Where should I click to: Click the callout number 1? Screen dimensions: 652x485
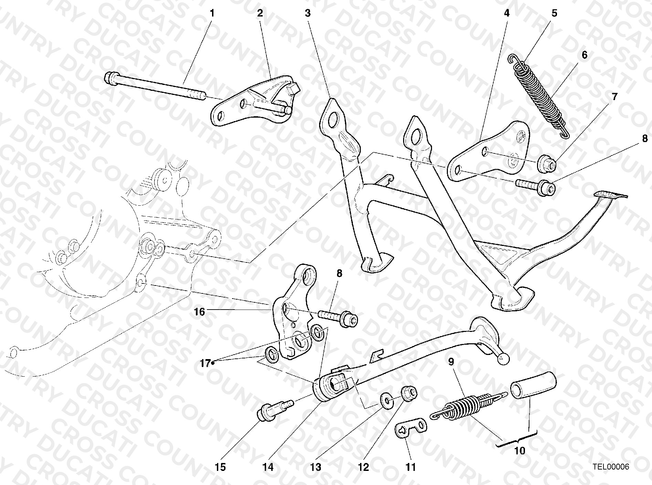coord(212,13)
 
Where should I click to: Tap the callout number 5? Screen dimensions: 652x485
coord(554,13)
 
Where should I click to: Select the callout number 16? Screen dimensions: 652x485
coord(199,312)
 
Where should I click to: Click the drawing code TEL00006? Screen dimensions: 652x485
coord(611,467)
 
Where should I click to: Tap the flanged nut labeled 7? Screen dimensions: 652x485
coord(546,163)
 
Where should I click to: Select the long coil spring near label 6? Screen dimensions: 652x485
coord(539,96)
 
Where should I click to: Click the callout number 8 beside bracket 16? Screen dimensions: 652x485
coord(339,273)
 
